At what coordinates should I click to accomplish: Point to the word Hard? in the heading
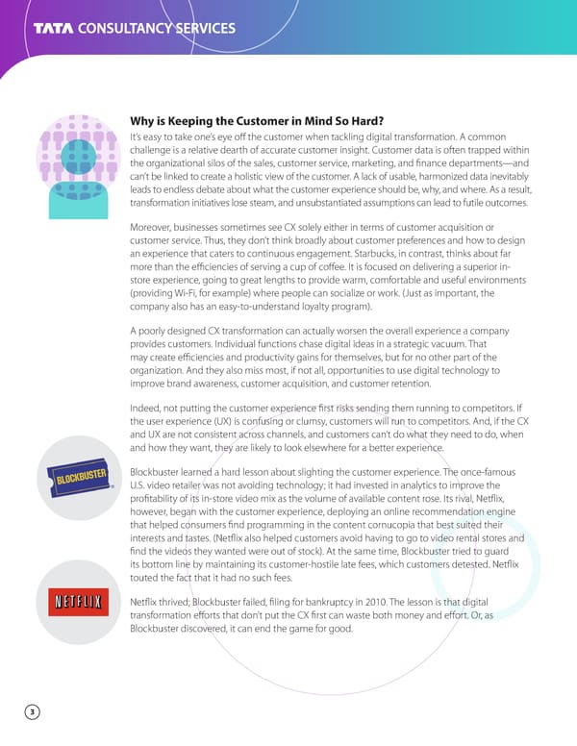(363, 121)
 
